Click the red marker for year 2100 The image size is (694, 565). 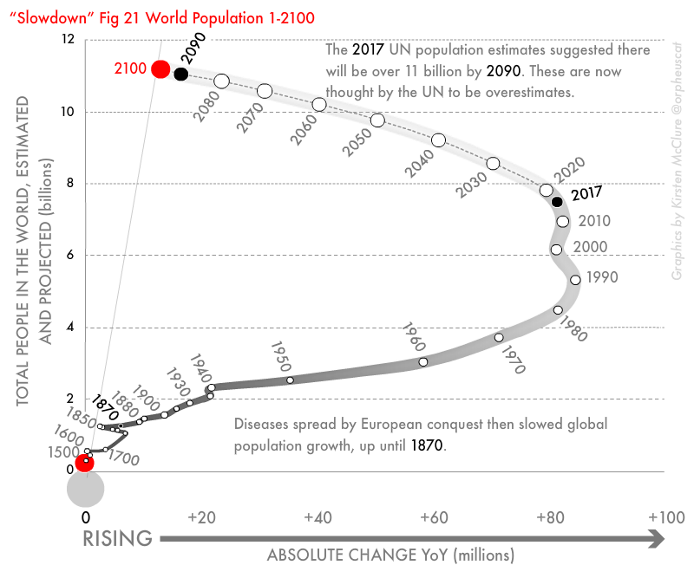[x=160, y=69]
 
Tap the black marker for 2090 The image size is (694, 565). [x=180, y=74]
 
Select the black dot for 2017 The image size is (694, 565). [x=557, y=202]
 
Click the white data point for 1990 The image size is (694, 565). [x=575, y=279]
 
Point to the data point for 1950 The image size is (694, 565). [x=290, y=380]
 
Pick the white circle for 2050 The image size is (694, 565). [x=377, y=120]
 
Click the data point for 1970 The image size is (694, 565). [x=499, y=337]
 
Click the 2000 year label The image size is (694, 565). [x=591, y=247]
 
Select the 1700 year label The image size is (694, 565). [x=124, y=458]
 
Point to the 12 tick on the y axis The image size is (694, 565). [x=69, y=40]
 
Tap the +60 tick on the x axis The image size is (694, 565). [x=432, y=517]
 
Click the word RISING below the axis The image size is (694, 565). [x=118, y=539]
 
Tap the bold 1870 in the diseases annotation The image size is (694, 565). [x=426, y=445]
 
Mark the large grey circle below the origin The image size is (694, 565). [x=86, y=487]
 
